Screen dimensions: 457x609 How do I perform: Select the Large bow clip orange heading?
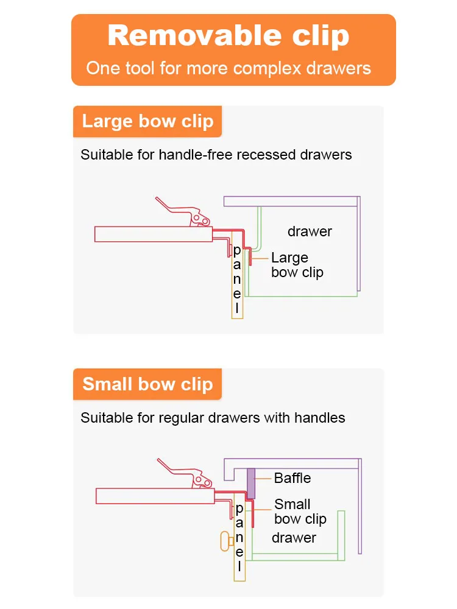147,121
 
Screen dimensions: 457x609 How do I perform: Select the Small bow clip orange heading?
147,384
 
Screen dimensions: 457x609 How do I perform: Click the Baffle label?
292,478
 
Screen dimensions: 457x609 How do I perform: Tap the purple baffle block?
251,483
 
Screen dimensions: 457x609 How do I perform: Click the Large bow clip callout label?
297,265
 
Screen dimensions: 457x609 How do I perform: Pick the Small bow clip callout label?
300,512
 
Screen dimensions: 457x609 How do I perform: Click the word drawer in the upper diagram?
310,231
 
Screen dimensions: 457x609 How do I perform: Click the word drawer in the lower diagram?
294,538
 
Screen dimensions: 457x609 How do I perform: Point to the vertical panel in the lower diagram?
239,542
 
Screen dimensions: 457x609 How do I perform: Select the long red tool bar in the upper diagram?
152,234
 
